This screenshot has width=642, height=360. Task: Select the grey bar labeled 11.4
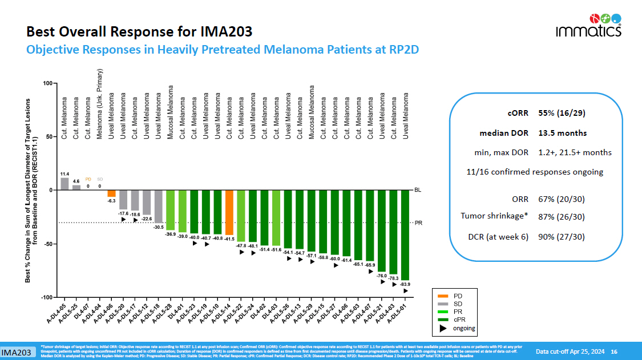point(64,184)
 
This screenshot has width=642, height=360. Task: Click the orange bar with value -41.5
point(229,212)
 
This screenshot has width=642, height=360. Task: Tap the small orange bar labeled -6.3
point(112,193)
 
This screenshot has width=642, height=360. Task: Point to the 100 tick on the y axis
point(48,84)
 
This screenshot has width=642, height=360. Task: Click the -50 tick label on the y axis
point(47,244)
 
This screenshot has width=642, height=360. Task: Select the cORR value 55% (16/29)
point(562,113)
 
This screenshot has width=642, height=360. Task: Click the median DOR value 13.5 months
point(562,134)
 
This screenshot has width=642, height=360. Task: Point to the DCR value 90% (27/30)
point(562,237)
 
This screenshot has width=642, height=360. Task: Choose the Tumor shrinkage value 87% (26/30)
point(562,216)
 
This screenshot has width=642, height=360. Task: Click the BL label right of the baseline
point(418,190)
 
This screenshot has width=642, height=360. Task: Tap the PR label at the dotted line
point(418,223)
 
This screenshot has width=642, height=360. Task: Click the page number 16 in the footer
point(614,351)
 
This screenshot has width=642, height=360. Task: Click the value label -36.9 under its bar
point(171,234)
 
